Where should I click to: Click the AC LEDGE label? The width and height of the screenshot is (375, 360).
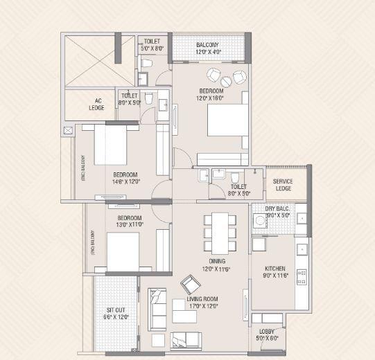(x=96, y=103)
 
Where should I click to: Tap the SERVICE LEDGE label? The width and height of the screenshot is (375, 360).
(x=283, y=185)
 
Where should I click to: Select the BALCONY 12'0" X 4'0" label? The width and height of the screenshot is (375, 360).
(x=208, y=48)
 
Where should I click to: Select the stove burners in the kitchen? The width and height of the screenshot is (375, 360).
(x=302, y=276)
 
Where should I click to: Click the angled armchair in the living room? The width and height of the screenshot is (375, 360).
(x=189, y=285)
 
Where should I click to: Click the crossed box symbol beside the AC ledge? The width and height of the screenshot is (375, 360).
(x=67, y=130)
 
